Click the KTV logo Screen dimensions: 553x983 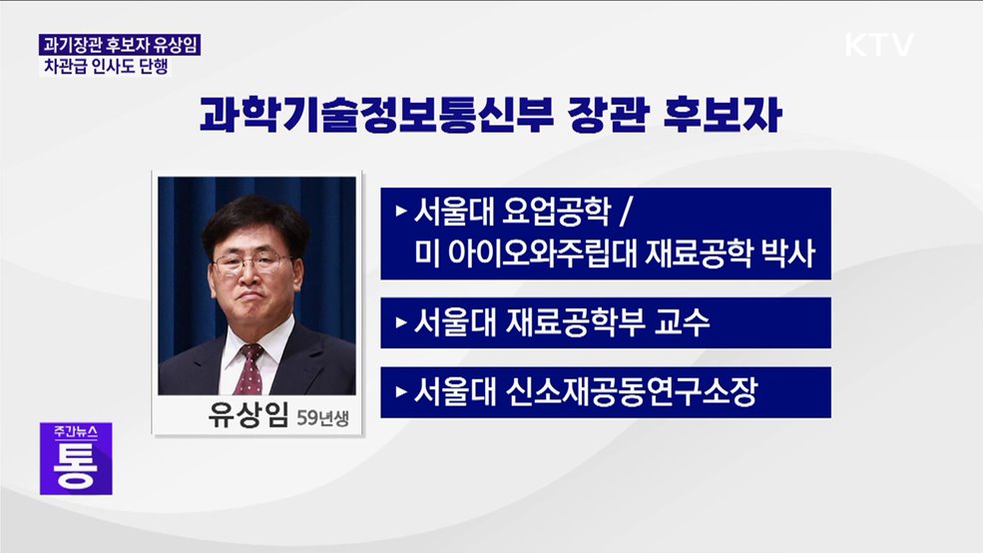(x=879, y=45)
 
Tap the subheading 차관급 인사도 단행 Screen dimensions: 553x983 (x=103, y=67)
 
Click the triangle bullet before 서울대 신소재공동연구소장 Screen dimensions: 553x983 (x=401, y=392)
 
